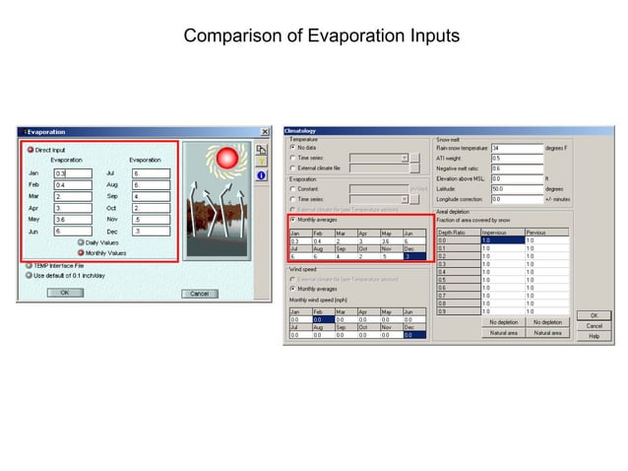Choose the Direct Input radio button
[x=30, y=150]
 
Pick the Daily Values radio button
[x=80, y=242]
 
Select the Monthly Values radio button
[x=80, y=253]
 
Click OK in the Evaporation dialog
[x=64, y=293]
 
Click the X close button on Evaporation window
[x=264, y=132]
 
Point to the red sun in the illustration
[x=228, y=158]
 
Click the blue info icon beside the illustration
[x=262, y=175]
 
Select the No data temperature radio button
[x=292, y=148]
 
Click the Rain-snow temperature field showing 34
[x=516, y=148]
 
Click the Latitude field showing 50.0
[x=516, y=188]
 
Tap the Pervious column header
[x=546, y=233]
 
